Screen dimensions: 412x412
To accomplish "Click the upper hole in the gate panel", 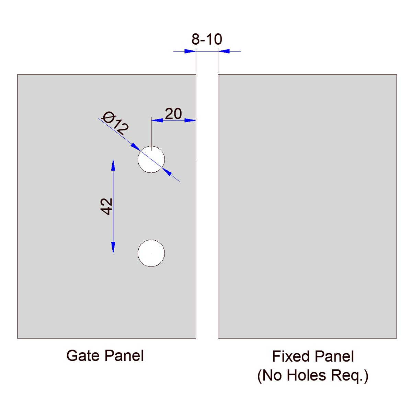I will point(151,159).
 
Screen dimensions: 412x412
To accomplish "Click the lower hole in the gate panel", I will point(151,253).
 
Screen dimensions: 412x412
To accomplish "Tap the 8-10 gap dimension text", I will point(207,39).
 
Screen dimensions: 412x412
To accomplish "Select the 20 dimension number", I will point(173,114).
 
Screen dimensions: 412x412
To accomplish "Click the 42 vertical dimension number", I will point(107,206).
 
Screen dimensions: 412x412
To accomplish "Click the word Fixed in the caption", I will point(287,356).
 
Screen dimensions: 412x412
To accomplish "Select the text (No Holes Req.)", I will point(313,375).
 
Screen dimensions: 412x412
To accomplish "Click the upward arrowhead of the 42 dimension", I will point(113,165).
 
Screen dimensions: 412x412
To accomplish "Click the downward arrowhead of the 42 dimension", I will point(113,247).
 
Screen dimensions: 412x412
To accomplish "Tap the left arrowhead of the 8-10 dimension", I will point(190,51).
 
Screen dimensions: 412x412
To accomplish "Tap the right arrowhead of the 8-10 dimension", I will point(224,51).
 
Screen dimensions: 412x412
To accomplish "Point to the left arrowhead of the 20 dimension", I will point(157,120).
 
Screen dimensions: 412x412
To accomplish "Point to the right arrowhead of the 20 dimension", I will point(190,120).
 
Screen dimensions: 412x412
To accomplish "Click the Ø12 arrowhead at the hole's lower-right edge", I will point(167,171).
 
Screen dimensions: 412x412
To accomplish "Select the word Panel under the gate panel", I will point(125,356).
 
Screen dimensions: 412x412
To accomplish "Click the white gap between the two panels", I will point(207,206).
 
